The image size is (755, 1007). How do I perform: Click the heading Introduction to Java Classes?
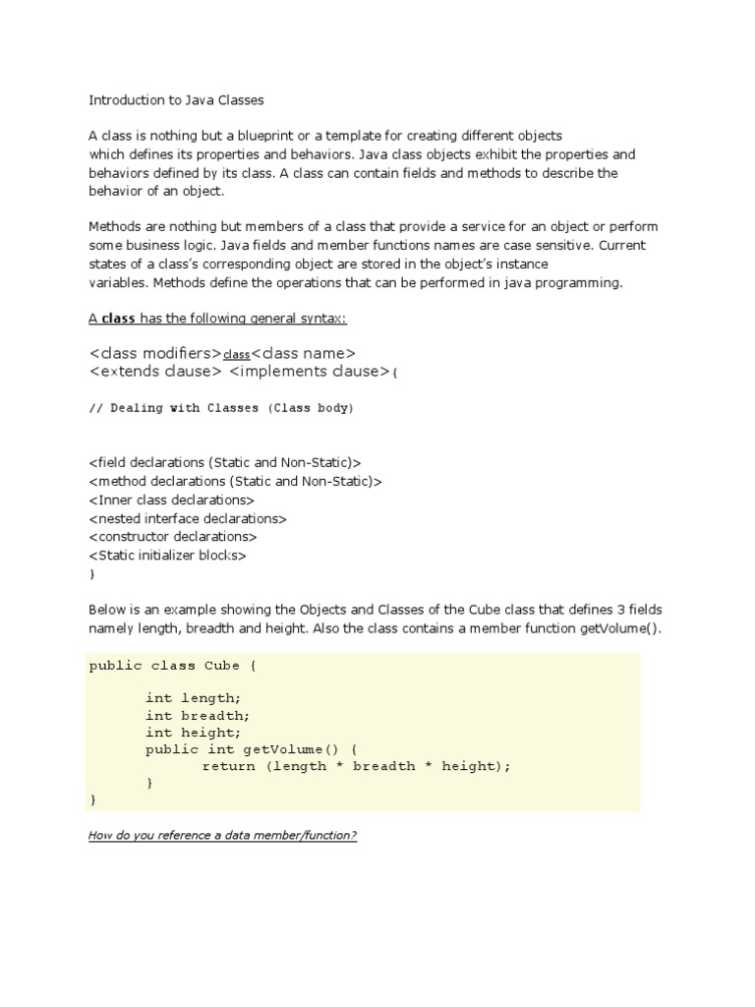(x=177, y=99)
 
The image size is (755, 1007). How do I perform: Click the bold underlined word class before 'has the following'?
(x=119, y=319)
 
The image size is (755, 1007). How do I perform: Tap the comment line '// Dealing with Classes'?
(x=220, y=407)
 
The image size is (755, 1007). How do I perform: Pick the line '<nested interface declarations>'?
(x=187, y=518)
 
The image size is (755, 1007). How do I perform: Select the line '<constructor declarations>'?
(x=172, y=537)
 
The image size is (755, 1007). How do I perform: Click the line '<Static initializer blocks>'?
(x=167, y=556)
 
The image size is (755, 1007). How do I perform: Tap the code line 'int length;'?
(x=193, y=697)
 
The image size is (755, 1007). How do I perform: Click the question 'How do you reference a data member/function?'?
(x=222, y=836)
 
